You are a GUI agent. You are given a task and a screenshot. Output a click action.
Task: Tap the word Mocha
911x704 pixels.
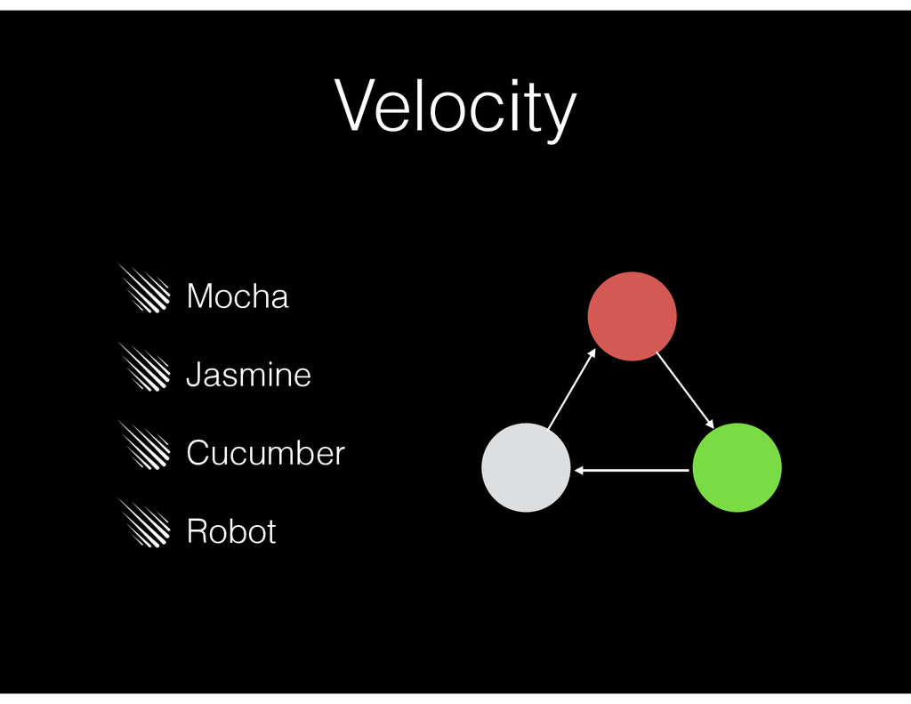[x=238, y=296]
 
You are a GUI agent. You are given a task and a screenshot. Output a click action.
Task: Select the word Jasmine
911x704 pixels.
[x=248, y=375]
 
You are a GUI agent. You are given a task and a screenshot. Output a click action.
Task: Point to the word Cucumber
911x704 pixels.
[x=265, y=453]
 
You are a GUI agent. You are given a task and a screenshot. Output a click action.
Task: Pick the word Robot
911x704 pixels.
[x=231, y=531]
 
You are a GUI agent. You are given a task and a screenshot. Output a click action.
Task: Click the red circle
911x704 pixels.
[x=632, y=316]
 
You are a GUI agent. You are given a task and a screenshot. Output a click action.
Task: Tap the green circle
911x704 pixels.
[x=737, y=467]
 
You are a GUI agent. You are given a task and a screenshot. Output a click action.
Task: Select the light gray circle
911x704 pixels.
[x=526, y=467]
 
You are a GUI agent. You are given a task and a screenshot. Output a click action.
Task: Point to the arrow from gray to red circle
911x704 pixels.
[x=571, y=390]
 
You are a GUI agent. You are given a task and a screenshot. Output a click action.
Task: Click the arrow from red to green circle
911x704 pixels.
[x=686, y=390]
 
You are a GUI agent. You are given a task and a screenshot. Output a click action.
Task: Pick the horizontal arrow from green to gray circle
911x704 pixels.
[x=632, y=470]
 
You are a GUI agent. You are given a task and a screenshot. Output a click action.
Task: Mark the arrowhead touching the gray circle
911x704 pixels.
[x=579, y=470]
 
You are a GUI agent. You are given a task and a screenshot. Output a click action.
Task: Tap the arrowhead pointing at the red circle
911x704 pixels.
[x=591, y=354]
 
